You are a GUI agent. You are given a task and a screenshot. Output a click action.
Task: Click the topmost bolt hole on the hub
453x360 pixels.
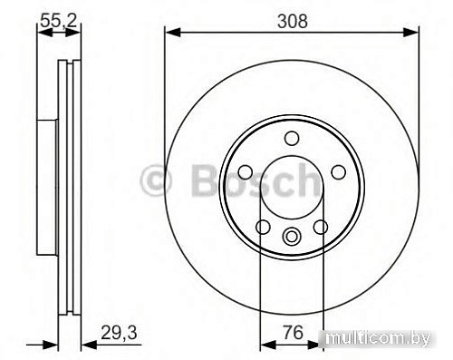tap(291, 138)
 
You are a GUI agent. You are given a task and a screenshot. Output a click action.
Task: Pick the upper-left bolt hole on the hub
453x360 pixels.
tap(246, 171)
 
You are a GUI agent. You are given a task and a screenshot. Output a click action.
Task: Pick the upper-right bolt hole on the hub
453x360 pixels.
tap(336, 171)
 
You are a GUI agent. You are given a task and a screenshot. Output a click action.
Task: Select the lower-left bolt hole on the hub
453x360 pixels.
tap(263, 227)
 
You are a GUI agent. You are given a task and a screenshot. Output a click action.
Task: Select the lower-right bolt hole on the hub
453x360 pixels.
tap(319, 227)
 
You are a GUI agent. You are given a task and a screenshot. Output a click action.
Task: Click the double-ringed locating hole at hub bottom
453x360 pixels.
tap(291, 238)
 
